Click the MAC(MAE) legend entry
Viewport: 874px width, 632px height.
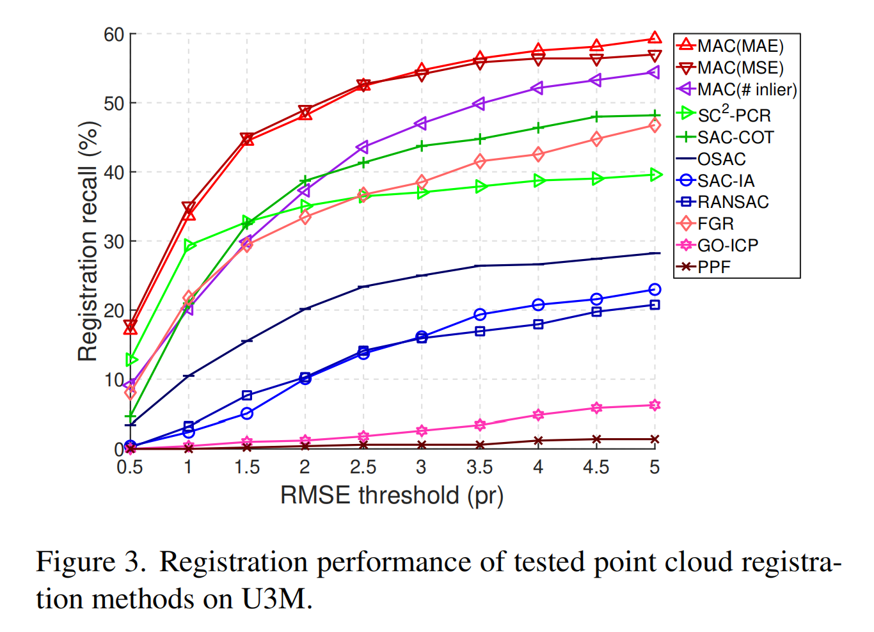[x=729, y=46]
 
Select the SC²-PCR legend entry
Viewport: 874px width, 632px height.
[x=724, y=115]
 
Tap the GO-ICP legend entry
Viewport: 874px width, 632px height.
[x=718, y=246]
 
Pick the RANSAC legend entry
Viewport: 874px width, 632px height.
[x=722, y=201]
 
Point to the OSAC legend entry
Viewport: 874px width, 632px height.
[x=711, y=159]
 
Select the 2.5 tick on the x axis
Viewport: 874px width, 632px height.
[x=363, y=467]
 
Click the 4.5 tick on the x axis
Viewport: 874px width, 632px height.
[x=596, y=467]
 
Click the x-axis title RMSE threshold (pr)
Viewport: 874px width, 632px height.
[x=392, y=496]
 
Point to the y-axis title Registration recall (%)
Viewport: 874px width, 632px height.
[x=88, y=242]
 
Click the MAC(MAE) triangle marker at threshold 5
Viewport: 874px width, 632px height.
[x=655, y=38]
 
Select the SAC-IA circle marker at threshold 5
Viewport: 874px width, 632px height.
[x=655, y=290]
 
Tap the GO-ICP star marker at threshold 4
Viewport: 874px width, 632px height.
[x=538, y=415]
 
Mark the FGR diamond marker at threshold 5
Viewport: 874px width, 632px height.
[x=655, y=125]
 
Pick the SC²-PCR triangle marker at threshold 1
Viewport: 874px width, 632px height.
[x=189, y=246]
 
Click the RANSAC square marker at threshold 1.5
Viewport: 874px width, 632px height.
[x=246, y=395]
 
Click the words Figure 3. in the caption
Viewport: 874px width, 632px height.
[x=91, y=562]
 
